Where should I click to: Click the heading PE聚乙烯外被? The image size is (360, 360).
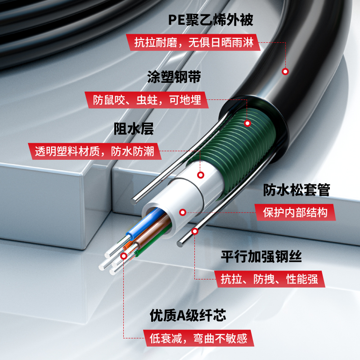point(211,20)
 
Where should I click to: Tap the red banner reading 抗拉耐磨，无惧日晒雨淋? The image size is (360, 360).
point(193,42)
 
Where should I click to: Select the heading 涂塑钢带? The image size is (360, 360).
point(174,76)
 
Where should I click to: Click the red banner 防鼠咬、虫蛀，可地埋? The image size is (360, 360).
point(147,100)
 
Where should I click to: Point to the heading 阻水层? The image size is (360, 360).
point(134,129)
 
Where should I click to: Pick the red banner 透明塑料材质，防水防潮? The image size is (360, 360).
point(94,151)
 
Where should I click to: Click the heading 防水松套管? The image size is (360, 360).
point(297,190)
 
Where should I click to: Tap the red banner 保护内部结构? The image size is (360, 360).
point(295,212)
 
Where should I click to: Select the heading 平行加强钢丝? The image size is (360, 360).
point(261,256)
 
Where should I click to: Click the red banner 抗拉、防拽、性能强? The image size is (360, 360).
point(270,279)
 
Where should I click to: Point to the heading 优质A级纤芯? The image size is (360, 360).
point(188,315)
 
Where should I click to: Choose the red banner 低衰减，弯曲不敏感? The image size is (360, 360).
point(198,338)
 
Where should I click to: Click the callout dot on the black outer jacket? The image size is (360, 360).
point(285,72)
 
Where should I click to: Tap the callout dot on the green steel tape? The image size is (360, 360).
point(247,123)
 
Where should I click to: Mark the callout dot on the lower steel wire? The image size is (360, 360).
point(195,231)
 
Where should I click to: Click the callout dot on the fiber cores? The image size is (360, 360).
point(124,256)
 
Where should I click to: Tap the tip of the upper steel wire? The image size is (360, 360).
point(134,202)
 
